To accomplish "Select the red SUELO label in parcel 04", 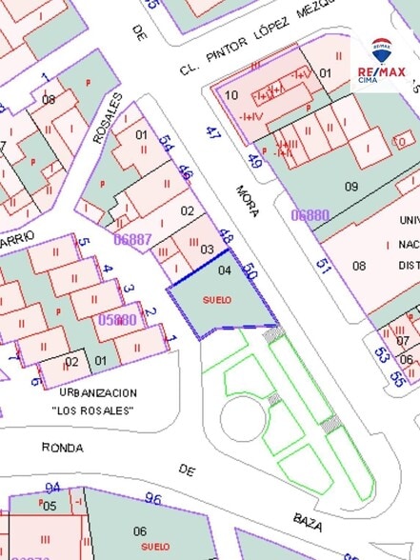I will (x=217, y=300).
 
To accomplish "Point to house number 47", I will (x=212, y=134).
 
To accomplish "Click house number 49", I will (x=254, y=161).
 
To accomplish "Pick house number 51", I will (x=323, y=267).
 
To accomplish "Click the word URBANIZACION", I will (x=97, y=392).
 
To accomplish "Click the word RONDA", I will (x=62, y=447).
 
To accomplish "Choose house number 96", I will (x=152, y=497).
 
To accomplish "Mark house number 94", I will (x=52, y=488).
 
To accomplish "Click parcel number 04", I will (x=225, y=270).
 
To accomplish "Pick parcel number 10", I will (x=231, y=95).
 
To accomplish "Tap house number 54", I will (x=167, y=144).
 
